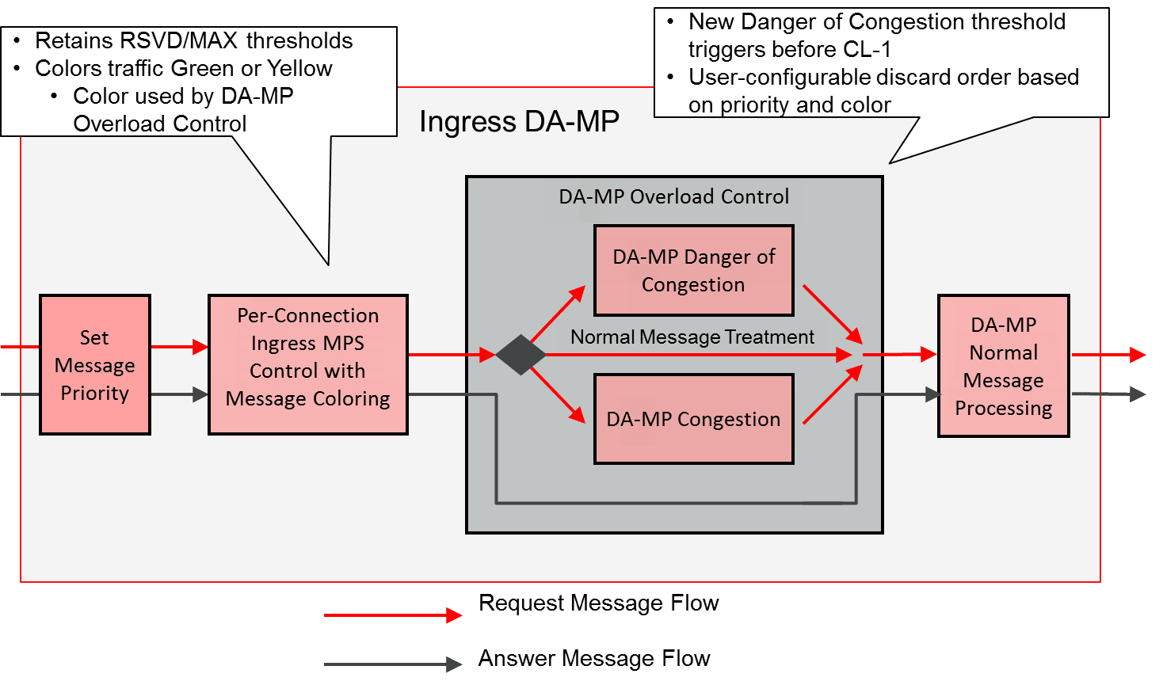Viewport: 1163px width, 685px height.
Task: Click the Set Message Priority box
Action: [x=95, y=365]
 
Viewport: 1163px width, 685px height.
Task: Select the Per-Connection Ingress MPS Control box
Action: [x=307, y=365]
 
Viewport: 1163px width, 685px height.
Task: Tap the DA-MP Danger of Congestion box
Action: [x=693, y=270]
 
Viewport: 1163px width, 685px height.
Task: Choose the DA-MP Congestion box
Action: [x=693, y=419]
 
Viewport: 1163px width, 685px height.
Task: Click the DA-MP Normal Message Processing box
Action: [x=1003, y=366]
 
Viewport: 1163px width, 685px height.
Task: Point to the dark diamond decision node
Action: [x=520, y=355]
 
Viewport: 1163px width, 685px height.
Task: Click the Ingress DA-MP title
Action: [x=519, y=122]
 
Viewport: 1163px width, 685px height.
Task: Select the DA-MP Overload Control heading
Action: [x=673, y=196]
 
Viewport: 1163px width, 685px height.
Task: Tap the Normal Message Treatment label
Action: [x=692, y=337]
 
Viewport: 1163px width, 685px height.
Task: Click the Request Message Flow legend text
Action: [x=598, y=603]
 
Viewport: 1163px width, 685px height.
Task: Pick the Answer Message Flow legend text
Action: [x=594, y=659]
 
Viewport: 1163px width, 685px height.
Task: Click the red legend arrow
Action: [x=393, y=615]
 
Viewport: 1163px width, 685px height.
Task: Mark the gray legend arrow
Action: [x=393, y=664]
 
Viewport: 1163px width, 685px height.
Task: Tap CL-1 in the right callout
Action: [x=867, y=49]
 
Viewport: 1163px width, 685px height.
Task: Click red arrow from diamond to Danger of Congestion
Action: [x=558, y=314]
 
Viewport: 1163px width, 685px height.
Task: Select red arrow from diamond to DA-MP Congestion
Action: [x=558, y=394]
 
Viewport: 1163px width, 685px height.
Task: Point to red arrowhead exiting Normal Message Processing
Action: [x=1138, y=355]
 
